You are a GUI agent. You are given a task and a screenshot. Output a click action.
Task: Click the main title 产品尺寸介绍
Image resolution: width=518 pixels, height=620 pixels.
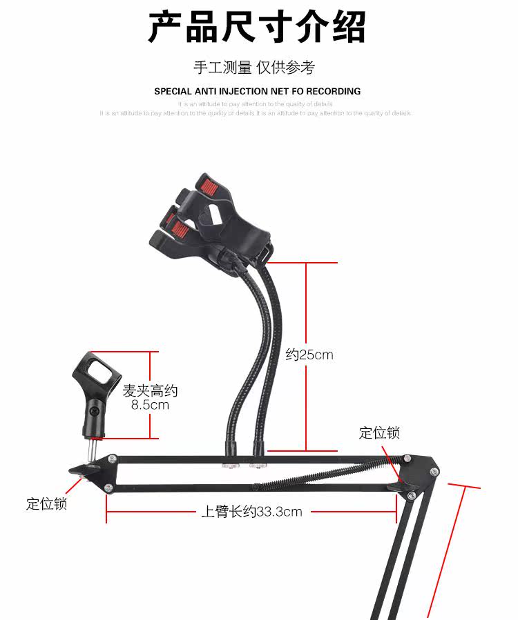click(x=257, y=28)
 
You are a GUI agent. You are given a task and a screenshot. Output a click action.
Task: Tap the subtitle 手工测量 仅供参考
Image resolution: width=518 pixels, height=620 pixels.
click(x=254, y=68)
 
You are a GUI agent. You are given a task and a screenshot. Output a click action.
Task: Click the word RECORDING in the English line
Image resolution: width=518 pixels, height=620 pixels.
click(x=334, y=91)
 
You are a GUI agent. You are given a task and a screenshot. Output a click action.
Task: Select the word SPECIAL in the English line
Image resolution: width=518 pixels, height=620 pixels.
click(x=173, y=91)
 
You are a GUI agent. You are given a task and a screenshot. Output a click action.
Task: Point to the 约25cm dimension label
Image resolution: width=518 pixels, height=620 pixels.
click(x=309, y=355)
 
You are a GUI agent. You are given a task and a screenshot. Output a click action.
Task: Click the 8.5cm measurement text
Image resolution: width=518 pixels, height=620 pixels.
click(x=150, y=405)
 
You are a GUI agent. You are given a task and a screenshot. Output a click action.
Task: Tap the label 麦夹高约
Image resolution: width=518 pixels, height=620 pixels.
click(x=150, y=390)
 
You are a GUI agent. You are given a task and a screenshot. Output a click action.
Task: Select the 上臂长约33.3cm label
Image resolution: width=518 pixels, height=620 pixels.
click(x=251, y=512)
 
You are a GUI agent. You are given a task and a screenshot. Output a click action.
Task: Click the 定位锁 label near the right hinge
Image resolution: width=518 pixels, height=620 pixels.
click(x=379, y=433)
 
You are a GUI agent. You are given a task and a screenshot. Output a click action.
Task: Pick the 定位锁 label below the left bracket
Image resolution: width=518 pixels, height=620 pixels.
click(x=47, y=504)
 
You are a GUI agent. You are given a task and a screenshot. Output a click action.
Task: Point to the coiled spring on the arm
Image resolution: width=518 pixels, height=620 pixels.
click(x=325, y=473)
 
